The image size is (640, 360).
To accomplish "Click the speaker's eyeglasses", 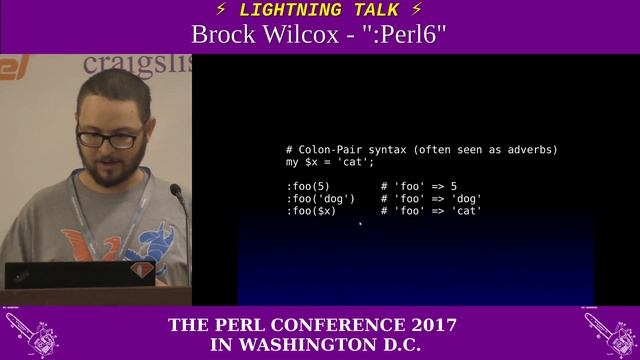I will click(109, 139).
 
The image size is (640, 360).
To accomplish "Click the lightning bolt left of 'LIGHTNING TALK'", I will click(221, 10).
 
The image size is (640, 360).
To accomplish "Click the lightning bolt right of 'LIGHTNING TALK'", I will click(416, 10).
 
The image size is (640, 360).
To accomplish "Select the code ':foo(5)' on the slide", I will click(307, 186).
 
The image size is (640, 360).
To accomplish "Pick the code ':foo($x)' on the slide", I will click(311, 211).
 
